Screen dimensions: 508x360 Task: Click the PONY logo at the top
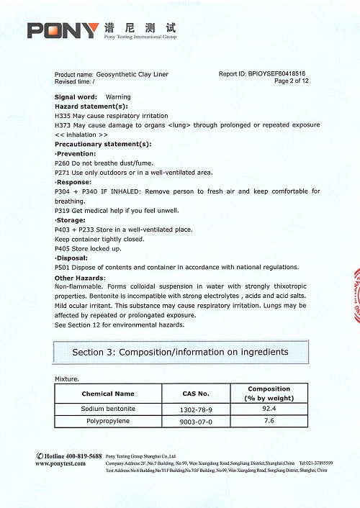[63, 30]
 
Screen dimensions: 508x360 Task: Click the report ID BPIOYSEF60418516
[277, 74]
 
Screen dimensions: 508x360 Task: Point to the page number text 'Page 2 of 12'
[292, 81]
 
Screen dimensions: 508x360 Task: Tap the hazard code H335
[63, 115]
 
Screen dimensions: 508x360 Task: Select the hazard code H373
[63, 125]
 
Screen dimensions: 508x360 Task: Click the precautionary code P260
[63, 163]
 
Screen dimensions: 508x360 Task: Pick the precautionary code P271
[63, 173]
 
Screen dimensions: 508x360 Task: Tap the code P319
[63, 211]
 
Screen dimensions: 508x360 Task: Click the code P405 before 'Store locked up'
[63, 248]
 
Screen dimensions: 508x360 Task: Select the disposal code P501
[63, 267]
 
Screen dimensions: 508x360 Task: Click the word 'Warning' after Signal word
[118, 96]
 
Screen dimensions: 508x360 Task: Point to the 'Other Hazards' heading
[80, 278]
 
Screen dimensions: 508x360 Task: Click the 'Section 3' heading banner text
[180, 352]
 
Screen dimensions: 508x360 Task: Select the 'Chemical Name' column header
[108, 394]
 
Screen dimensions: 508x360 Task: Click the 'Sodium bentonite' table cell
[108, 409]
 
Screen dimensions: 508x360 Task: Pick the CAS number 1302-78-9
[196, 409]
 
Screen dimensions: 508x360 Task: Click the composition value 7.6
[269, 420]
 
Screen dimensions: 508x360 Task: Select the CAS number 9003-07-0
[196, 421]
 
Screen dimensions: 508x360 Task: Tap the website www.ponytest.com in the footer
[60, 463]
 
